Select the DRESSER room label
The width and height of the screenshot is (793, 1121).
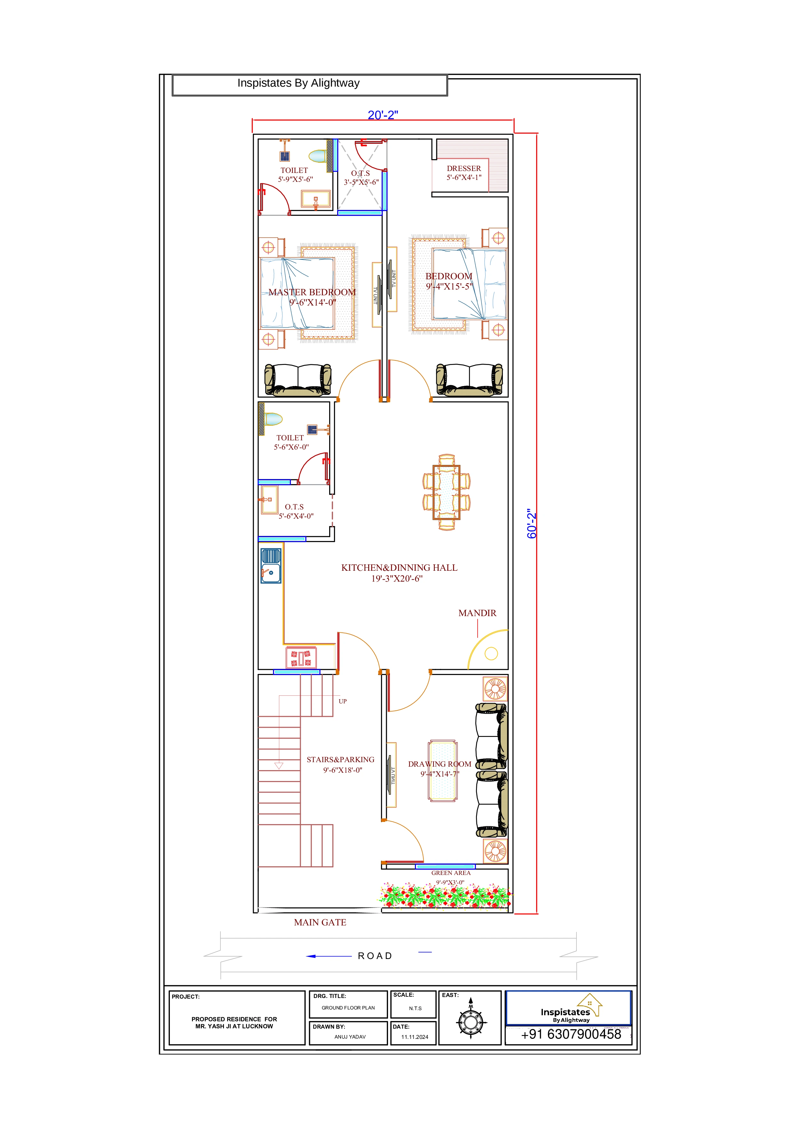coord(464,168)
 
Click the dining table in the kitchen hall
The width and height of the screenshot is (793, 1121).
coord(447,492)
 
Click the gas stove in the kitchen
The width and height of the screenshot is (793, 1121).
coord(301,658)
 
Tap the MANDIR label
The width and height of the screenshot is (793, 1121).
coord(477,613)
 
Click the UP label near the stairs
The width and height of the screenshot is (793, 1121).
coord(343,701)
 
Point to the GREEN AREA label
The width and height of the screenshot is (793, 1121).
coord(450,872)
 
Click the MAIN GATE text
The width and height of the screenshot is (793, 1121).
coord(320,922)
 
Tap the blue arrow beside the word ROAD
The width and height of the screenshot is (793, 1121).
coord(329,956)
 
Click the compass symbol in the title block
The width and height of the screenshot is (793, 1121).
coord(471,1022)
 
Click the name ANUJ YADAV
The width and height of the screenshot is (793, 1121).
coord(350,1037)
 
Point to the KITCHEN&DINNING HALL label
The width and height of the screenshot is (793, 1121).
coord(399,567)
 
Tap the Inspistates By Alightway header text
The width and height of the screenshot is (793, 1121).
coord(298,83)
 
